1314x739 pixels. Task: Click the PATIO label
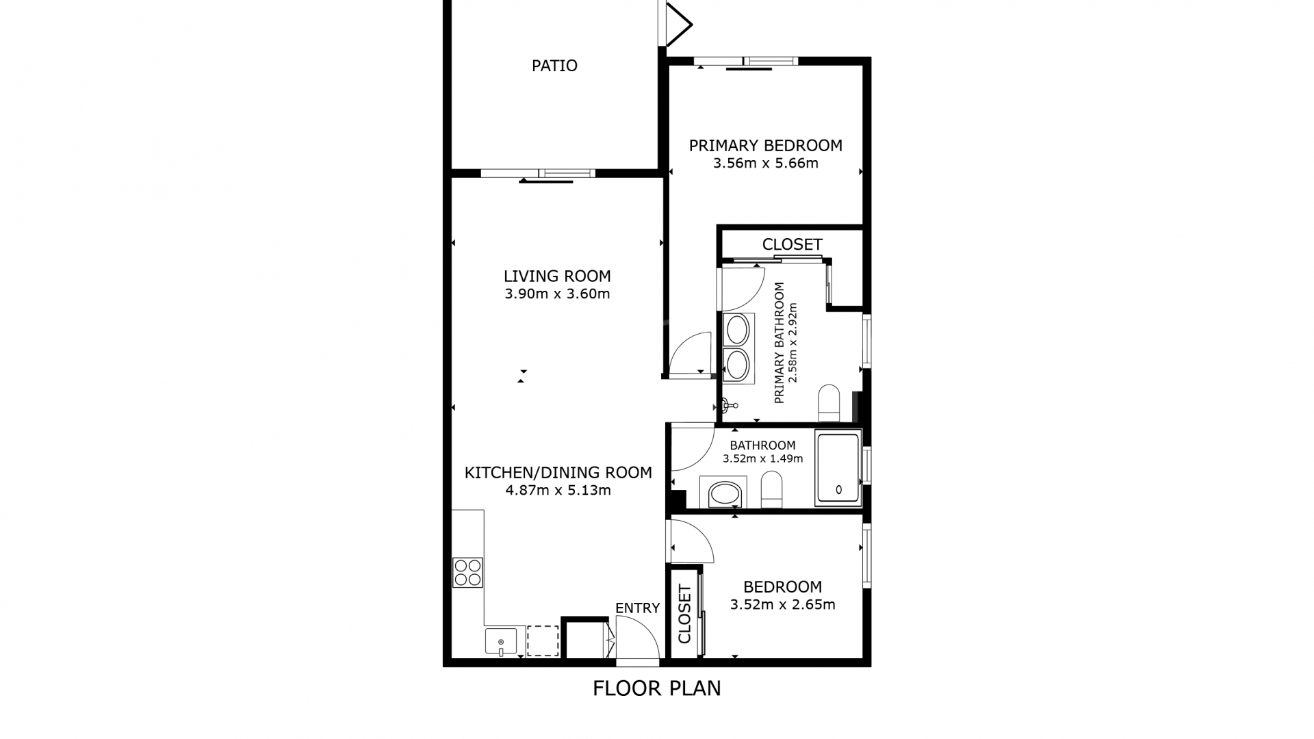coord(554,66)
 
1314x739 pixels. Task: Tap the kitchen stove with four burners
coord(467,573)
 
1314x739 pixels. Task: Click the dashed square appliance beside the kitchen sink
coord(543,641)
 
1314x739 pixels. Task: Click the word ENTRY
coord(637,608)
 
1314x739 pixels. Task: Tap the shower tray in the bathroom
coord(838,469)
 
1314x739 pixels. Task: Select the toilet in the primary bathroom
coord(829,403)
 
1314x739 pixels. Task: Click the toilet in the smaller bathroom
coord(771,489)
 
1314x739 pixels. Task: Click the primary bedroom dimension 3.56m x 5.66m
coord(765,164)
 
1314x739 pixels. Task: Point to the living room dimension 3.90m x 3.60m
coord(557,294)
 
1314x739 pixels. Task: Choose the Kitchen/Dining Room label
coord(558,472)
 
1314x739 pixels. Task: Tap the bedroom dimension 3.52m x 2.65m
coord(782,605)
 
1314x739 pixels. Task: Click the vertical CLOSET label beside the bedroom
coord(684,614)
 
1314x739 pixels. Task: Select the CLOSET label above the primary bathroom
coord(792,244)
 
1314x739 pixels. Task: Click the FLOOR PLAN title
coord(657,688)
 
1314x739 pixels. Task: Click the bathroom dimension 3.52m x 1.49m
coord(762,458)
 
